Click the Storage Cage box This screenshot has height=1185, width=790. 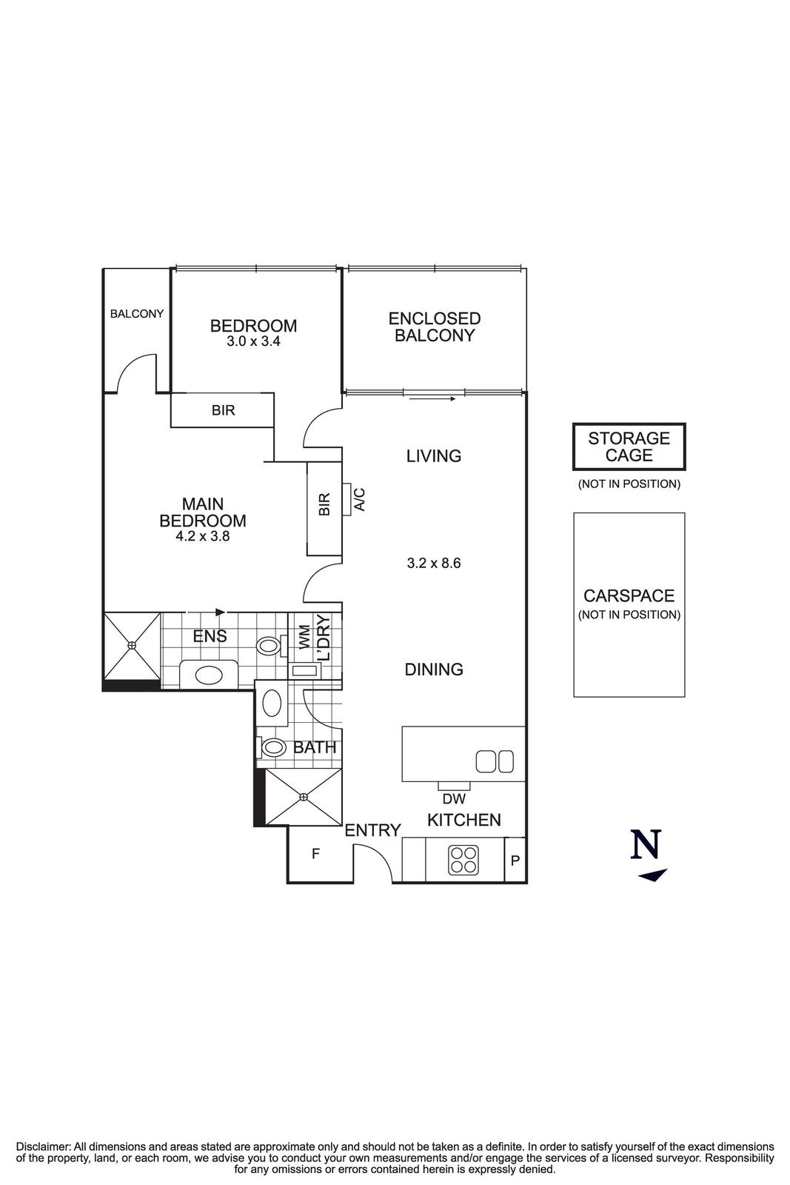[x=629, y=447]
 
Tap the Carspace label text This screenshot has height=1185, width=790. [x=629, y=596]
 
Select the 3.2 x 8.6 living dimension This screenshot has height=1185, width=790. [x=434, y=563]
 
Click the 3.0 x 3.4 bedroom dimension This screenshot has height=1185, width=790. [x=253, y=342]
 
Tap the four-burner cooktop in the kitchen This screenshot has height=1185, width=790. [x=463, y=859]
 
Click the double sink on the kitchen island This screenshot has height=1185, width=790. [x=494, y=761]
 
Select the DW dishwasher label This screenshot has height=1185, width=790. [x=453, y=799]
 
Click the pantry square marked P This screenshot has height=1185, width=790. [x=515, y=860]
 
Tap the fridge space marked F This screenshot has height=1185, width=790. [x=315, y=854]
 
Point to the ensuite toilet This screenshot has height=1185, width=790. [x=268, y=647]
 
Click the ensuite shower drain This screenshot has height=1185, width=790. [x=132, y=645]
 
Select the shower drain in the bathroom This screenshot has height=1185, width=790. [x=304, y=797]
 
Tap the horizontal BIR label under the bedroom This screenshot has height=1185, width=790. [x=223, y=410]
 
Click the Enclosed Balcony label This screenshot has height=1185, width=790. [x=434, y=327]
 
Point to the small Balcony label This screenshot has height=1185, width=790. [x=137, y=314]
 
